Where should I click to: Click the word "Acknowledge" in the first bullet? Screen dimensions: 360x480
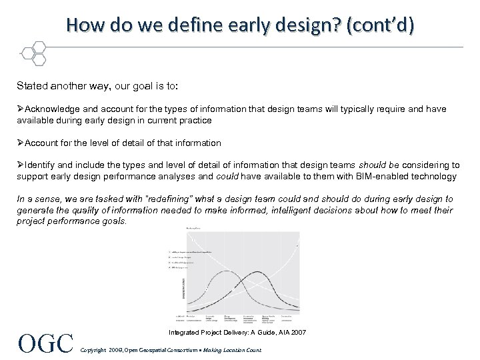point(53,109)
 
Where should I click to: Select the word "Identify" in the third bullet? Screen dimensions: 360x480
point(41,165)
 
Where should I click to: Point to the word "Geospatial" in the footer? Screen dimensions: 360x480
point(151,350)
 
